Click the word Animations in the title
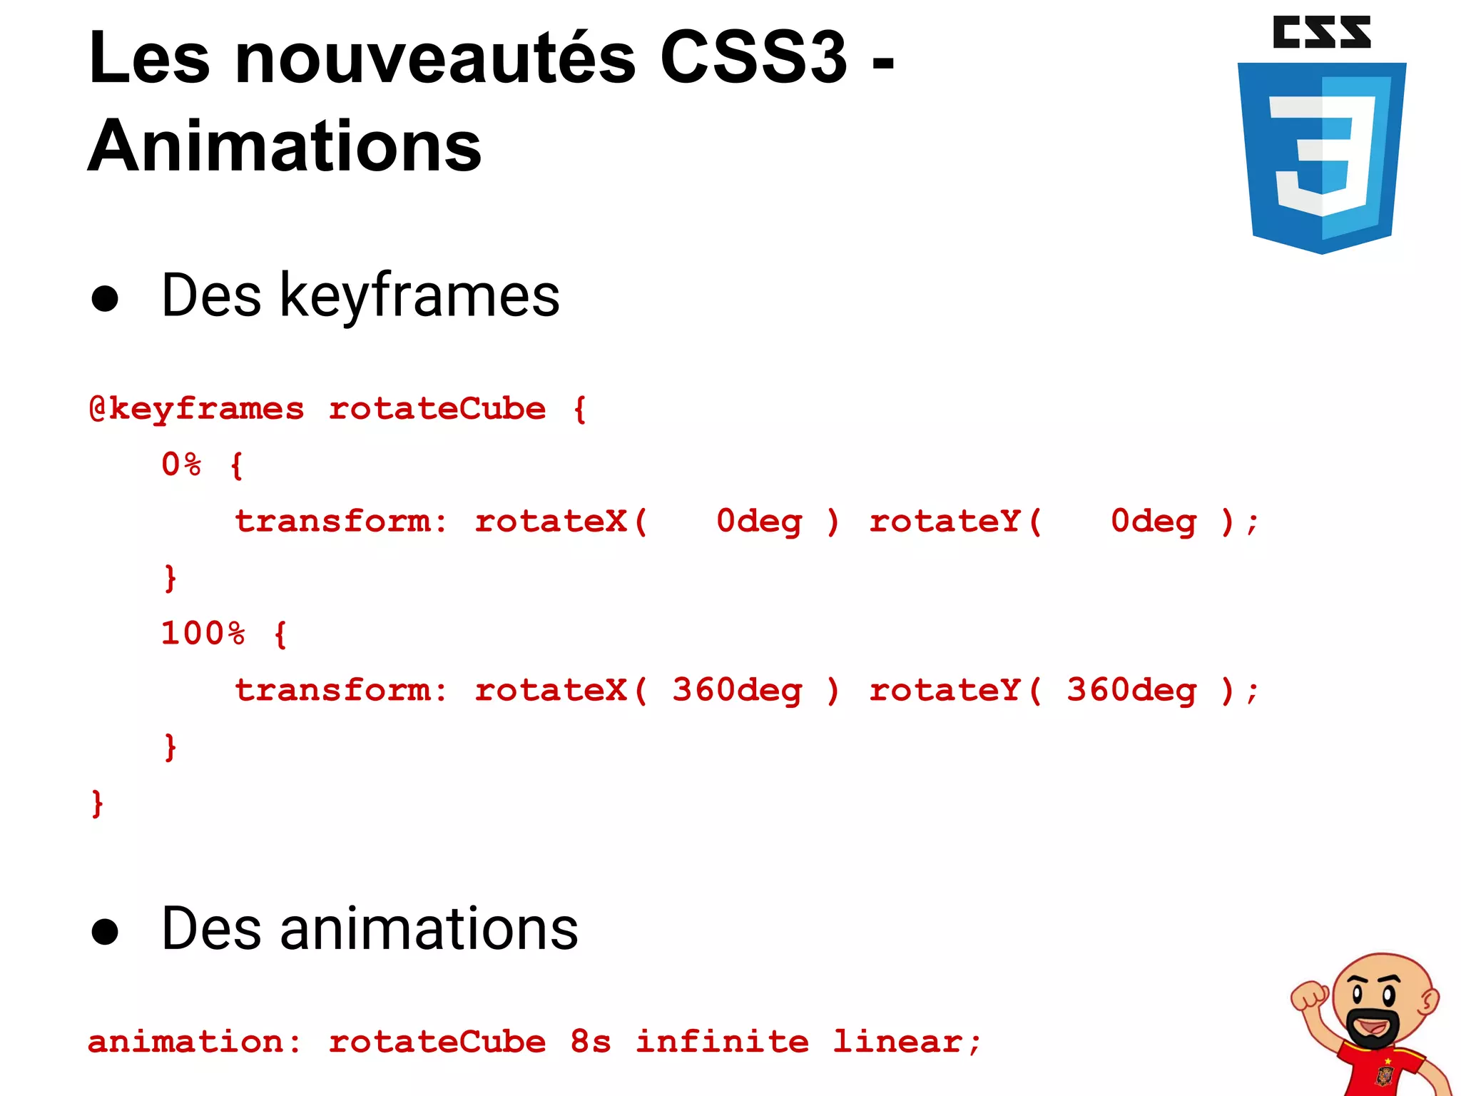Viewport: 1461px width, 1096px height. [285, 147]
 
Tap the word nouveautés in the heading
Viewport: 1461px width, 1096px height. [435, 59]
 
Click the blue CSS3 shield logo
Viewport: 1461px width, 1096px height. [1321, 157]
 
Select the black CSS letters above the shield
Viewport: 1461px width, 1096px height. [1321, 33]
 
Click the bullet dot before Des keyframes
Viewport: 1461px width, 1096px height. [105, 298]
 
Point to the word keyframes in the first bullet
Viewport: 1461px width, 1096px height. [419, 295]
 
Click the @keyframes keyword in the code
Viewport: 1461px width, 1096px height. [197, 410]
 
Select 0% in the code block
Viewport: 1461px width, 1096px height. [181, 465]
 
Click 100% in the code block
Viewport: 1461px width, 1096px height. [203, 634]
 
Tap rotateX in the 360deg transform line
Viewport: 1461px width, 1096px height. [551, 691]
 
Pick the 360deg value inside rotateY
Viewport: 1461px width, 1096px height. [1131, 691]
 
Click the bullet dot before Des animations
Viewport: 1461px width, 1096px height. [105, 931]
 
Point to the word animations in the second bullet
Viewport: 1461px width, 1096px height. [429, 929]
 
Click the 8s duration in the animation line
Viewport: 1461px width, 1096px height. [590, 1042]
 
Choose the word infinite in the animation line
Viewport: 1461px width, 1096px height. [722, 1042]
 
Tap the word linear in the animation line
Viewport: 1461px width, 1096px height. [897, 1042]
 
